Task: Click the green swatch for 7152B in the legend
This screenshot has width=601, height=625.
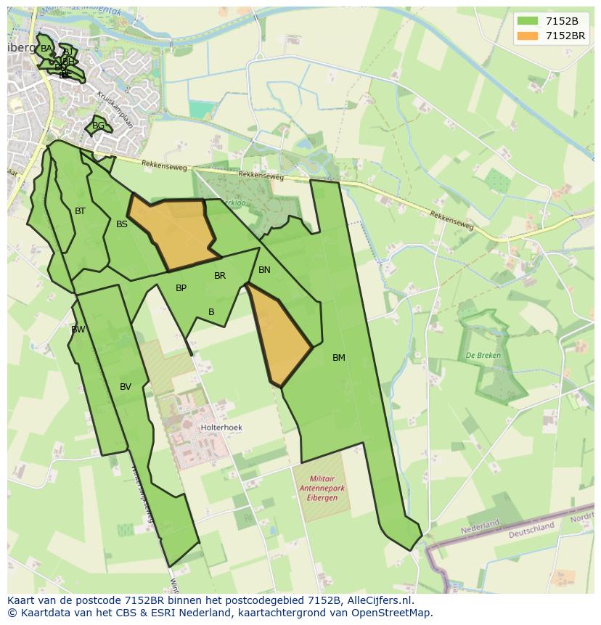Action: tap(528, 21)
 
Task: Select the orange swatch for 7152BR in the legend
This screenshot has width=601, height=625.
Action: tap(528, 36)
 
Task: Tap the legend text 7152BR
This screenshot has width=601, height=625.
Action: tap(565, 36)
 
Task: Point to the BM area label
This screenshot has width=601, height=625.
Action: tap(339, 358)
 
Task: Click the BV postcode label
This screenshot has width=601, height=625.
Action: tap(126, 387)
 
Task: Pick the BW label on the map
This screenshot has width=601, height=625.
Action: tap(78, 330)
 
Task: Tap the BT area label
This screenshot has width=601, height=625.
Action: tap(80, 211)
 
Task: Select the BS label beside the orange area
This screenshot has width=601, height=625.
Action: tap(122, 224)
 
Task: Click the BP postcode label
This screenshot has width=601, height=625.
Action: tap(181, 288)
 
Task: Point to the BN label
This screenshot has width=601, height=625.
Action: tap(264, 270)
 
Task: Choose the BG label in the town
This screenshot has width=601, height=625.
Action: tap(98, 126)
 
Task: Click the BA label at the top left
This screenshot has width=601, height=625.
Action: tap(46, 49)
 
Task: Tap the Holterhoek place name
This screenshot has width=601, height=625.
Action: tap(221, 428)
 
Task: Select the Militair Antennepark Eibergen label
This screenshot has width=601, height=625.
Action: tap(320, 488)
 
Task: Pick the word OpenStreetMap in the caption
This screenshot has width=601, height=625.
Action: tap(395, 613)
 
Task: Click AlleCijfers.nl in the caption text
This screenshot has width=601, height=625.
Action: tap(377, 600)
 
